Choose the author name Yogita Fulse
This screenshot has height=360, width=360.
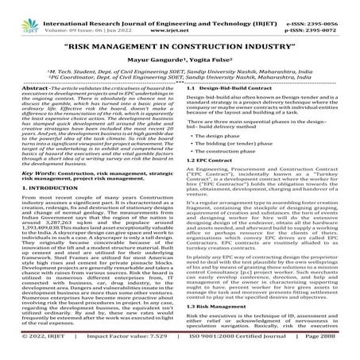[x=210, y=59]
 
